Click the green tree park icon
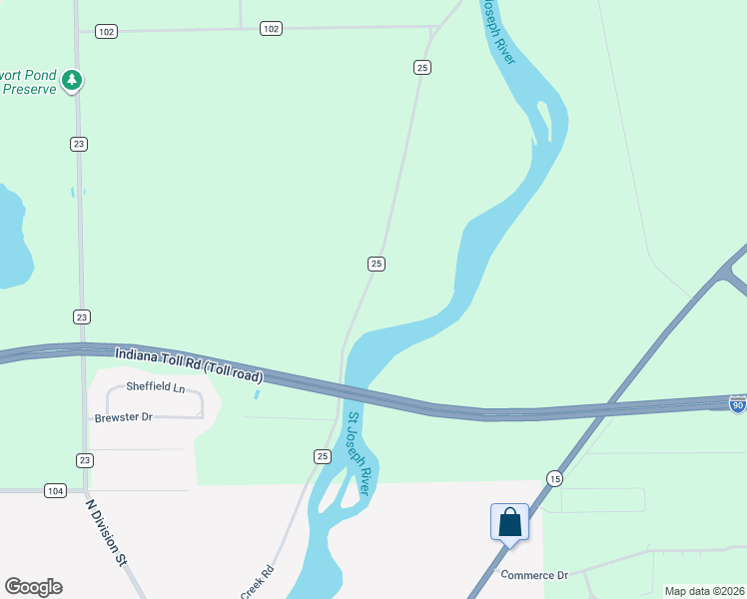71,80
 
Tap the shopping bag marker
509,522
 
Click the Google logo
33,587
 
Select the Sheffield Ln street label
156,387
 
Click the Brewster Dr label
124,417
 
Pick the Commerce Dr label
534,575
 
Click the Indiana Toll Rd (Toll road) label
189,364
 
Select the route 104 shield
55,490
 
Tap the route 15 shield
554,479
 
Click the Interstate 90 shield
737,405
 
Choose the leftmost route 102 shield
107,32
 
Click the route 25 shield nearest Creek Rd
322,456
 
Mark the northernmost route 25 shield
422,67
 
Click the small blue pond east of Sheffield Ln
257,393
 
